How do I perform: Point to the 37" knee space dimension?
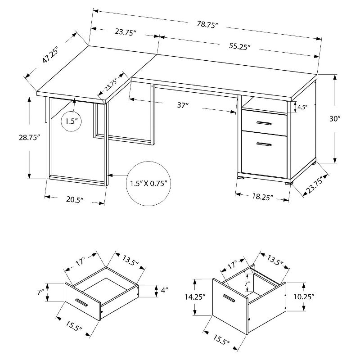tap(182, 106)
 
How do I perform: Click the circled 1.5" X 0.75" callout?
tap(149, 183)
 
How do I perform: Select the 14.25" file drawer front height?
tap(194, 297)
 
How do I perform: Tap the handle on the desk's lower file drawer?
tap(264, 144)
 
